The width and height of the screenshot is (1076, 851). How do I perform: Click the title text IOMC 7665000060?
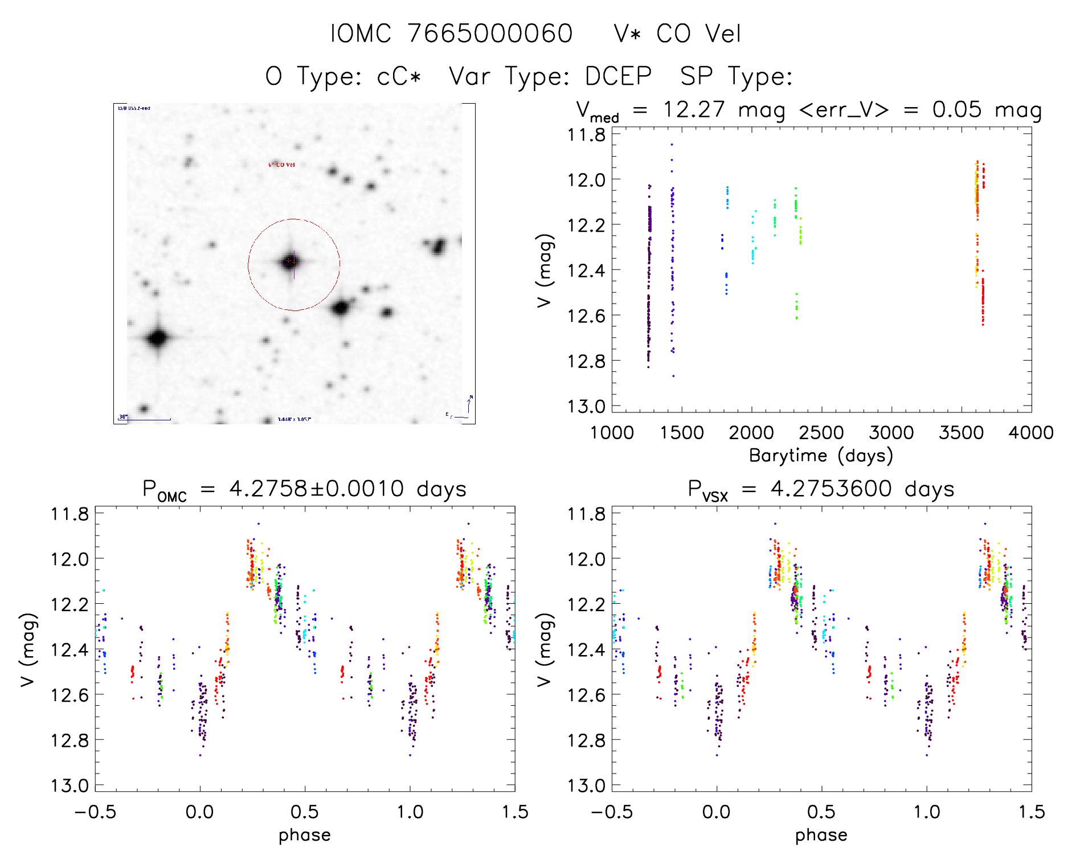click(x=451, y=34)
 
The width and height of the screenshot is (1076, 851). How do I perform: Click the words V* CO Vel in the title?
click(x=677, y=34)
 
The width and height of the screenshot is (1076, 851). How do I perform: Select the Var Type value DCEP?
click(x=618, y=76)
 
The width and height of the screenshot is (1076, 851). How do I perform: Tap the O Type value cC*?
click(x=399, y=76)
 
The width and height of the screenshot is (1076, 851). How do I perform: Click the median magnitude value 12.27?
click(x=694, y=109)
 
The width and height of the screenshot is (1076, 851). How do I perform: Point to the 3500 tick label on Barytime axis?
click(x=961, y=432)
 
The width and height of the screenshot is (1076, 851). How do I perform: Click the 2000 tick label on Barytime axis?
click(x=751, y=432)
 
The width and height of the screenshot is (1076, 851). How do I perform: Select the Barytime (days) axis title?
click(x=821, y=456)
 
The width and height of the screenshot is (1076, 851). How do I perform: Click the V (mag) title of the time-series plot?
click(x=545, y=270)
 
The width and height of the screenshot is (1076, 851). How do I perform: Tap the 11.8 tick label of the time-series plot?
click(x=586, y=135)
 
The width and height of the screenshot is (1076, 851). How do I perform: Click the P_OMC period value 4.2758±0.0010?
click(x=316, y=489)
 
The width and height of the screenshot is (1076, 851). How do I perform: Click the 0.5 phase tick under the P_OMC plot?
click(x=305, y=812)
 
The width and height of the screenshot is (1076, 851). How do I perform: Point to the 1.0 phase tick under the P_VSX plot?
click(x=927, y=812)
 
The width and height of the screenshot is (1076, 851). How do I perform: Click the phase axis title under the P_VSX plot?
click(x=821, y=835)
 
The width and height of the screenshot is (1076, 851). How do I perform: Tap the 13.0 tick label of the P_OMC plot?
click(x=69, y=785)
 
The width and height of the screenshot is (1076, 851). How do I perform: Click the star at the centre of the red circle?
click(x=291, y=262)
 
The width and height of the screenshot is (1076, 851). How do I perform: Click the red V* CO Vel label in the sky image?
click(x=281, y=165)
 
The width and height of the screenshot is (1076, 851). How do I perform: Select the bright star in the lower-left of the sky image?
click(x=158, y=338)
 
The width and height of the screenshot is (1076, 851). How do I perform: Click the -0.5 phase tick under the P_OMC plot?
click(x=95, y=812)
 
